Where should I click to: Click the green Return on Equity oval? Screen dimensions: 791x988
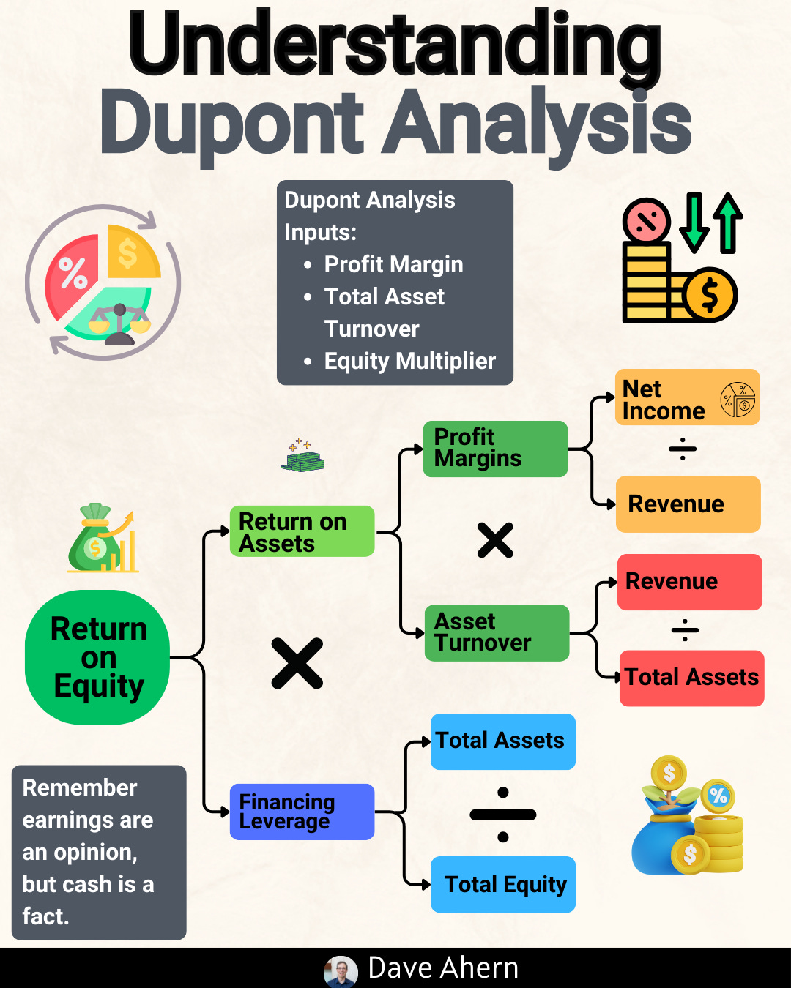pos(97,657)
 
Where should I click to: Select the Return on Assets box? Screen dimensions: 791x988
pos(302,532)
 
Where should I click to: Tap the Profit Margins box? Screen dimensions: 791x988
pos(495,449)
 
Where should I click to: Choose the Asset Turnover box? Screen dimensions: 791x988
pos(497,633)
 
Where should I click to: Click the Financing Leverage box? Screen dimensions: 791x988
pos(302,812)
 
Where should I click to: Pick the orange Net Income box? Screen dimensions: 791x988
pos(687,398)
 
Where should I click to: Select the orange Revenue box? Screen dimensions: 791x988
pos(688,504)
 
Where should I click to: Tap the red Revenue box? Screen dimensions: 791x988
pos(689,582)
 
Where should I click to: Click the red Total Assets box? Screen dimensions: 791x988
pos(691,678)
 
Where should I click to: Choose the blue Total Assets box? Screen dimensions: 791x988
pos(502,741)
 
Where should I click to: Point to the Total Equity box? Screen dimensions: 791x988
pos(502,884)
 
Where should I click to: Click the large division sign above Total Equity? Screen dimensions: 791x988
pos(503,815)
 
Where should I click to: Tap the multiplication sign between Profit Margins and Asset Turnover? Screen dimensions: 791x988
pos(495,541)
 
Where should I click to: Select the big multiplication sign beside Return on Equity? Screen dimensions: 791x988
pos(297,663)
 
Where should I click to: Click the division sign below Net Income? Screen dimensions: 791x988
pos(683,449)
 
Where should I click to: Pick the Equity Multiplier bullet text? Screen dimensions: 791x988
pos(409,361)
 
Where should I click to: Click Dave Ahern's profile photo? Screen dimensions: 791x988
pos(341,971)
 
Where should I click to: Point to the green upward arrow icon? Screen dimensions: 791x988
pos(727,223)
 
